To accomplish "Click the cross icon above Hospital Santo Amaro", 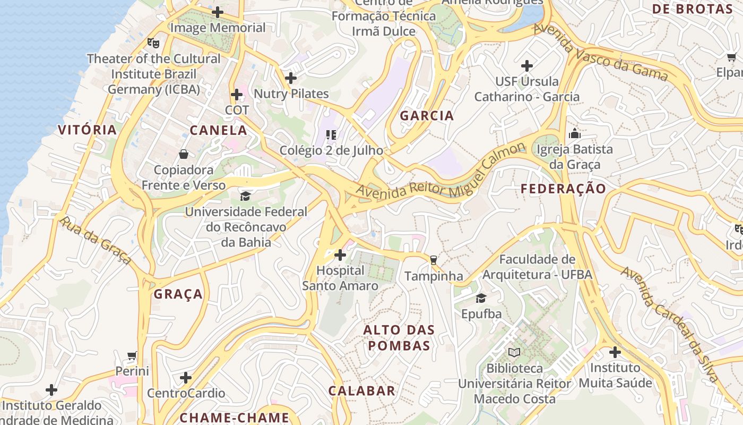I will (x=340, y=255).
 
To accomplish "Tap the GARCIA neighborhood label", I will (x=427, y=115).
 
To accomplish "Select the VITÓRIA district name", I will (x=87, y=130).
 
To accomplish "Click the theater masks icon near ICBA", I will (x=153, y=43).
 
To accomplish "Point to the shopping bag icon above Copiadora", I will (x=184, y=155).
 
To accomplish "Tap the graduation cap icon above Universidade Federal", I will (x=245, y=197).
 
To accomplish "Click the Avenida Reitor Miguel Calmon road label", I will (x=440, y=173).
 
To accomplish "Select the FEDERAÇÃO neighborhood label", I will (x=563, y=189).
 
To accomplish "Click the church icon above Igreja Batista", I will (x=574, y=134).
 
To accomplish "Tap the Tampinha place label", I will (x=434, y=276).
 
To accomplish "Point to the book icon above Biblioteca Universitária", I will (x=514, y=352).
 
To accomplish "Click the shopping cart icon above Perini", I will (x=132, y=355).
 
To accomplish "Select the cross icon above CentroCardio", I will (x=186, y=378).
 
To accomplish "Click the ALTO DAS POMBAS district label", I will (x=399, y=338).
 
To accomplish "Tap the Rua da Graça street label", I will (x=96, y=241).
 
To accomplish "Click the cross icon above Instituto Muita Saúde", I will (x=615, y=352).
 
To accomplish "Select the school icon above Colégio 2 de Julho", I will (x=331, y=135).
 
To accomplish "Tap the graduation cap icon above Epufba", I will (x=481, y=299).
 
